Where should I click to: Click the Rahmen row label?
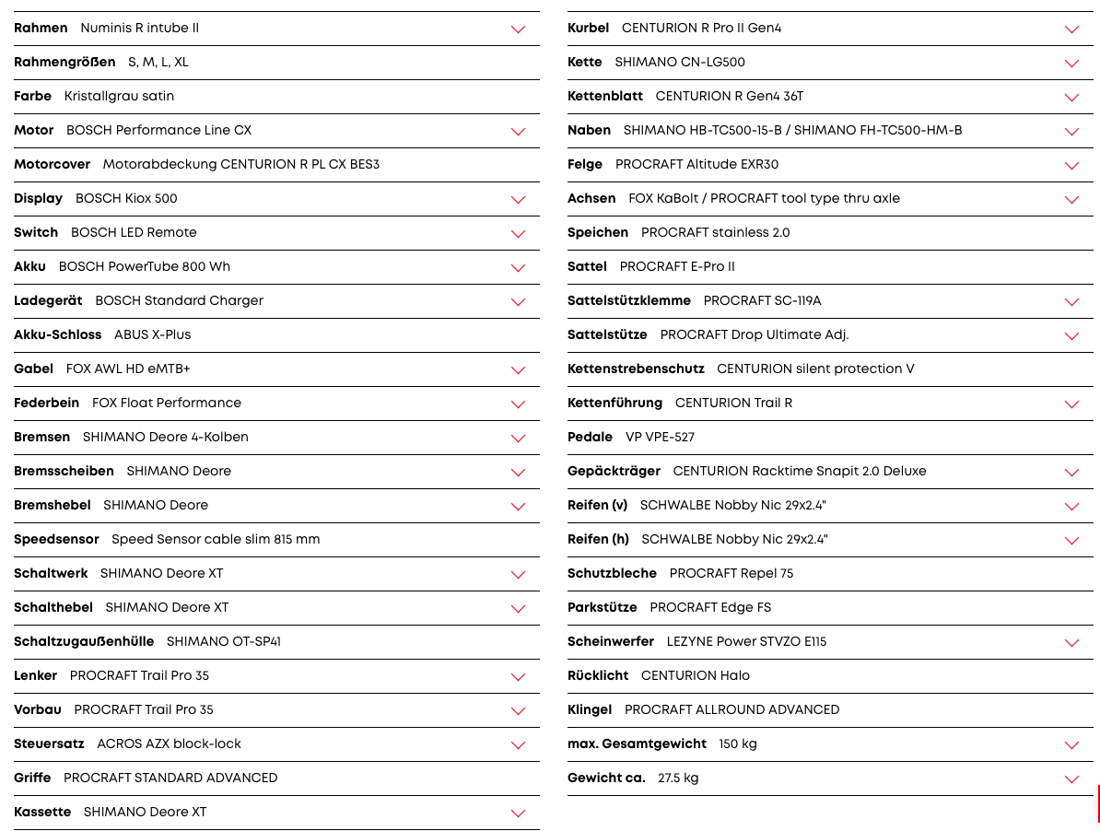pos(41,28)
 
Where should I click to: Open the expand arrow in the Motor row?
pos(518,131)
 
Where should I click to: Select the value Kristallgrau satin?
pos(119,96)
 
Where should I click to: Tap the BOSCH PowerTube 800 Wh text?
pos(145,266)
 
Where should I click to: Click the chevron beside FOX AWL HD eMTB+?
pos(518,369)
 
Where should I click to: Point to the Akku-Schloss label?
pos(58,334)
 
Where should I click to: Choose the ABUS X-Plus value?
pos(153,334)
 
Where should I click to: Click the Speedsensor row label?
pos(56,539)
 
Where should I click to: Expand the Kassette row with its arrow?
pos(518,813)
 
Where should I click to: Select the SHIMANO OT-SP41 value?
pos(224,641)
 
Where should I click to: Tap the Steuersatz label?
pos(49,743)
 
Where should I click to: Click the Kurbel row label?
pos(588,28)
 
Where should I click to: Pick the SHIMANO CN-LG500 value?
pos(680,62)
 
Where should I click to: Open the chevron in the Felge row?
pos(1071,166)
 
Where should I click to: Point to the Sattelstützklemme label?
pos(629,300)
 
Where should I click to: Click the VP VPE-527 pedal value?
pos(660,437)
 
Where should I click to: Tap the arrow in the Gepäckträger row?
pos(1071,472)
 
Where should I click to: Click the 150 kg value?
pos(738,743)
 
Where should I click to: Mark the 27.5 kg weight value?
pos(678,778)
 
